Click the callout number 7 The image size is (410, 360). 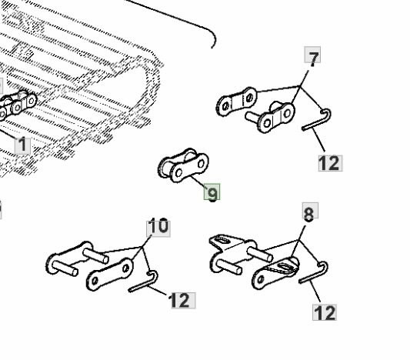312,58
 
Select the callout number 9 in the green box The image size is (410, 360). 212,192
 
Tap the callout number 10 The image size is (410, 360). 158,226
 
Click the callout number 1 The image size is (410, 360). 22,145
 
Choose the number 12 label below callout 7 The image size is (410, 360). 330,163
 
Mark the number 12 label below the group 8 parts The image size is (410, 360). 325,312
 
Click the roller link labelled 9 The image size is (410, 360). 184,165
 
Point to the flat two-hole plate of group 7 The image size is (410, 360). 237,102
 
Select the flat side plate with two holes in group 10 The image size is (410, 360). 110,274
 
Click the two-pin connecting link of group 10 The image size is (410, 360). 76,258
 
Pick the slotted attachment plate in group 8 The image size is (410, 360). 275,273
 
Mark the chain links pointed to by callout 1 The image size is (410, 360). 16,105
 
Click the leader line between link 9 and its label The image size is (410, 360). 198,181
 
